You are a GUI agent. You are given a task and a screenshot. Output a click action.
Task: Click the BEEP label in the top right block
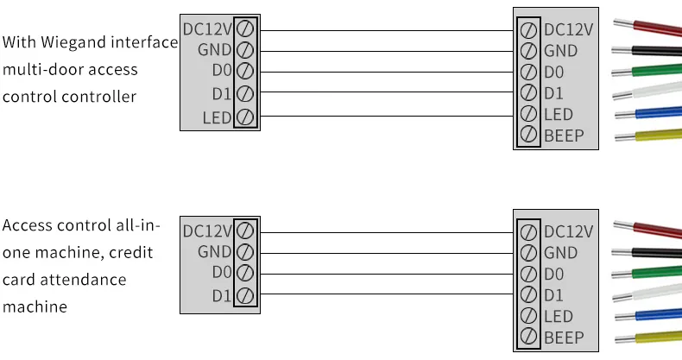(564, 136)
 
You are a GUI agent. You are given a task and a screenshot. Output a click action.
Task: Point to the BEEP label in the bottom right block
(564, 338)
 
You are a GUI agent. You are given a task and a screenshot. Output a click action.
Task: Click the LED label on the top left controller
(218, 117)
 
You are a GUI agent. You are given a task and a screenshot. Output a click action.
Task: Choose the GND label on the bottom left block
(215, 252)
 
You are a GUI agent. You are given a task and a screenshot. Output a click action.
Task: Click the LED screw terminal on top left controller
(244, 117)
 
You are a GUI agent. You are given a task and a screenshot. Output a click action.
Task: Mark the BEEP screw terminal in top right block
(528, 136)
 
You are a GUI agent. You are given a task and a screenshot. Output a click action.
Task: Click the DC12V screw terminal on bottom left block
(244, 231)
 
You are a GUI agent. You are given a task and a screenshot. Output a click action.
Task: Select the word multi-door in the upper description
(38, 69)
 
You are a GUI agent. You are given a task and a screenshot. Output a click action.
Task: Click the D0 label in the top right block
(556, 72)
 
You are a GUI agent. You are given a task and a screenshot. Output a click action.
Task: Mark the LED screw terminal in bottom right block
(528, 316)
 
